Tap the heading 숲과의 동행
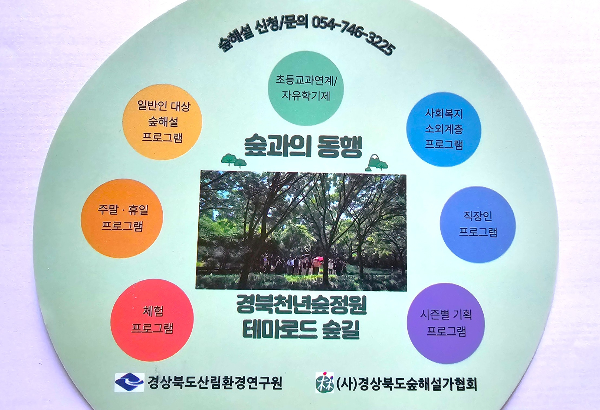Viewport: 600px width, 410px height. pos(303,146)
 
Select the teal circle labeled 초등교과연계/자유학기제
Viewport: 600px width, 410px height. pos(306,88)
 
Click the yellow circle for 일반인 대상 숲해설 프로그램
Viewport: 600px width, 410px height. pos(162,122)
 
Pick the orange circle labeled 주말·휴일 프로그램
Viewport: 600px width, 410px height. pos(122,218)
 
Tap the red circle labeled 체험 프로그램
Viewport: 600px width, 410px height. pos(152,320)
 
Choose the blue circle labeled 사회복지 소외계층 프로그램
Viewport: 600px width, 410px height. pos(444,129)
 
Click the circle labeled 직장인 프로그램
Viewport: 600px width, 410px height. pos(478,224)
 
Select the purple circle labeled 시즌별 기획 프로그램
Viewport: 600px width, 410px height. pos(446,323)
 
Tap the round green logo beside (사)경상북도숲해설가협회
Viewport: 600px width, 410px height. pos(324,382)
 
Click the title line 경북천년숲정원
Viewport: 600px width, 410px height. pos(301,305)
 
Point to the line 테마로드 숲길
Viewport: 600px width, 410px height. pos(301,330)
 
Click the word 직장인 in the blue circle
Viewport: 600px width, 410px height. pos(477,216)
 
